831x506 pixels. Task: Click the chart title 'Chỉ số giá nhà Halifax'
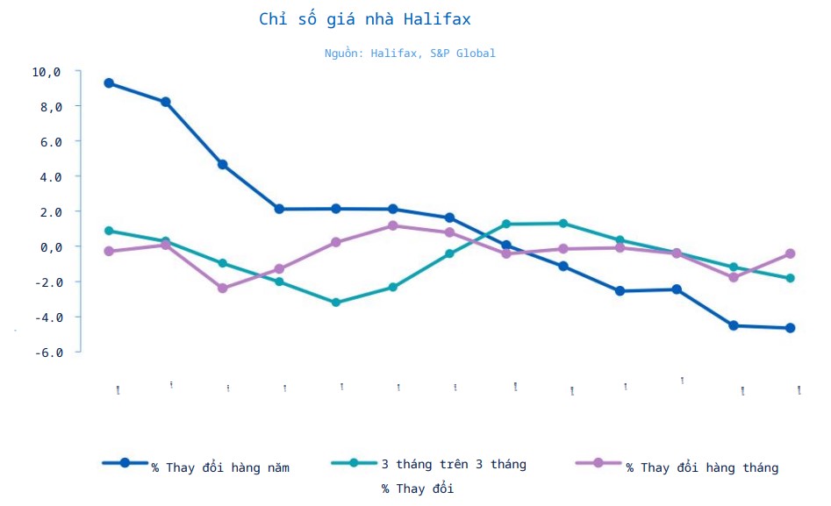click(x=370, y=19)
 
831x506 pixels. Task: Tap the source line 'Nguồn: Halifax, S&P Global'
click(x=409, y=53)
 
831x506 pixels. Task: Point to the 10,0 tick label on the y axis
click(x=46, y=72)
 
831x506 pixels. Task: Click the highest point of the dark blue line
click(x=109, y=83)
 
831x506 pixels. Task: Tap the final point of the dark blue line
click(x=790, y=328)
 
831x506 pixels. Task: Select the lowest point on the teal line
click(x=336, y=303)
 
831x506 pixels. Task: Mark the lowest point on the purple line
click(x=222, y=289)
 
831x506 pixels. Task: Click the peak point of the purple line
click(x=393, y=225)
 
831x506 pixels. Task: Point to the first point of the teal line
click(x=109, y=231)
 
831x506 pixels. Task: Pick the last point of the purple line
click(x=790, y=253)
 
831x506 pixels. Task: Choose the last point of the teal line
click(x=790, y=278)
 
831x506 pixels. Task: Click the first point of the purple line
click(x=109, y=251)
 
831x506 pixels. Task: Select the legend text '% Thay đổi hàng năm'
click(x=219, y=467)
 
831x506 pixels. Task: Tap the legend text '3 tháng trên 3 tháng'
click(x=454, y=464)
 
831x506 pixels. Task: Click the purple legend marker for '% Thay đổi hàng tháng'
click(x=598, y=463)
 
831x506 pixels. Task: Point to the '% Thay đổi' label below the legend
click(x=417, y=488)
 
